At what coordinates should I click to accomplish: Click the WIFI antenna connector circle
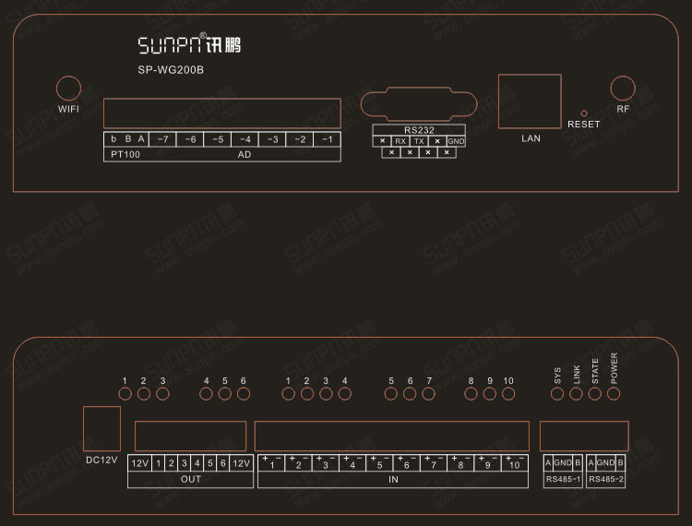click(x=68, y=89)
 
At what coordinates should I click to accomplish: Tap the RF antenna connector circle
click(x=624, y=89)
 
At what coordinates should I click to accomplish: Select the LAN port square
click(x=529, y=101)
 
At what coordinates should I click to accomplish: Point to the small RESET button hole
click(x=583, y=112)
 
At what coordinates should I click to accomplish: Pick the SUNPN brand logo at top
click(x=189, y=44)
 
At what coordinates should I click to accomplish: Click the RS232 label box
click(x=418, y=129)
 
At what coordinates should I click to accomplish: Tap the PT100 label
click(x=125, y=154)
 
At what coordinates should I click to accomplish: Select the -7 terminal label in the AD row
click(x=161, y=139)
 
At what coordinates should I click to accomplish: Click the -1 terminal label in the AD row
click(x=327, y=139)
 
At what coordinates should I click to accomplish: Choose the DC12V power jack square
click(x=101, y=428)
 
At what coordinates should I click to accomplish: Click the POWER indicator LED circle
click(x=614, y=394)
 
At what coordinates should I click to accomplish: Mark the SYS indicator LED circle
click(x=557, y=394)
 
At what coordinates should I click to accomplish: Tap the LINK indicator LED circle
click(x=576, y=394)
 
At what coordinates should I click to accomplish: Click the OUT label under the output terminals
click(x=190, y=479)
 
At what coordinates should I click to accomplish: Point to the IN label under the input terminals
click(x=393, y=479)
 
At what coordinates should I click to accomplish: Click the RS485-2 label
click(x=606, y=479)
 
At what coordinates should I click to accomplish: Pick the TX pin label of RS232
click(x=418, y=141)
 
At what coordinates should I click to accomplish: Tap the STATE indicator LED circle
click(x=595, y=394)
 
